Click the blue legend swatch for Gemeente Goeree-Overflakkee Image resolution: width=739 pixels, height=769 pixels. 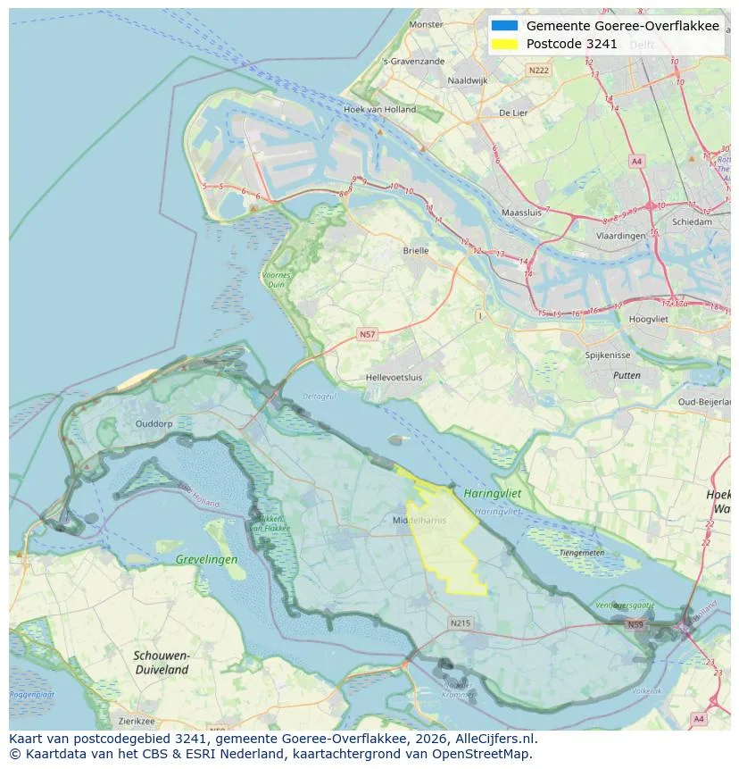[504, 26]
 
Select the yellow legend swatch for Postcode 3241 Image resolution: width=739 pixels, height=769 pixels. [504, 44]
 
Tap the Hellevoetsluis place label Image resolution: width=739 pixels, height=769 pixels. [394, 378]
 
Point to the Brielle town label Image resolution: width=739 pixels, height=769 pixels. [415, 251]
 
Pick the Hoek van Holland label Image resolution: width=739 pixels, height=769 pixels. [379, 110]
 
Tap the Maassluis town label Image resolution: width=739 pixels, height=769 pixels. [522, 213]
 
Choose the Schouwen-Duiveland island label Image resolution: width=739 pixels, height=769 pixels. [161, 662]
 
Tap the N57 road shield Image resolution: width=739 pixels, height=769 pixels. [367, 334]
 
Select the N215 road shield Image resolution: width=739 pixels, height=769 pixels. [460, 623]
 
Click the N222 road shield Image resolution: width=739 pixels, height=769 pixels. [538, 70]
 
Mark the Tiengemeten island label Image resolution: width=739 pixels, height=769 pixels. [581, 553]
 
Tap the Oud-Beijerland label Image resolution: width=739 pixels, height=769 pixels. [704, 402]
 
